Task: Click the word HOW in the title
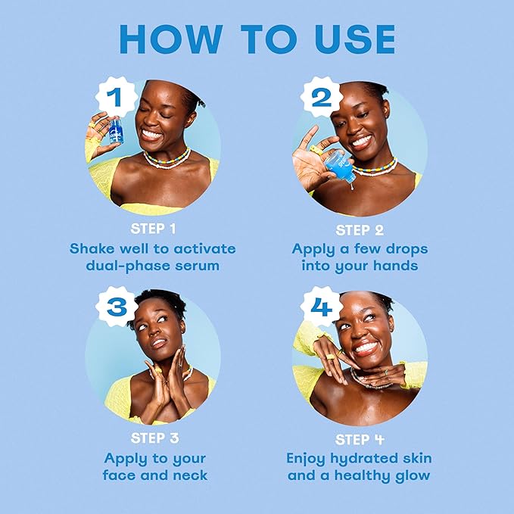pyautogui.click(x=171, y=39)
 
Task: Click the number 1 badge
pyautogui.click(x=116, y=97)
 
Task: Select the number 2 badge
pyautogui.click(x=321, y=97)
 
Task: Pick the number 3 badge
pyautogui.click(x=117, y=307)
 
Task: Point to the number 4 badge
pyautogui.click(x=321, y=307)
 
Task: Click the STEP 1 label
pyautogui.click(x=153, y=229)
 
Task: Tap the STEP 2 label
pyautogui.click(x=360, y=230)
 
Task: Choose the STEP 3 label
pyautogui.click(x=154, y=438)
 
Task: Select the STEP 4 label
pyautogui.click(x=360, y=439)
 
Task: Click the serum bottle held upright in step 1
pyautogui.click(x=116, y=131)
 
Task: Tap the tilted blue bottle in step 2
pyautogui.click(x=340, y=167)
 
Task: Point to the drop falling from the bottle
pyautogui.click(x=351, y=187)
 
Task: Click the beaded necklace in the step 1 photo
pyautogui.click(x=167, y=159)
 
